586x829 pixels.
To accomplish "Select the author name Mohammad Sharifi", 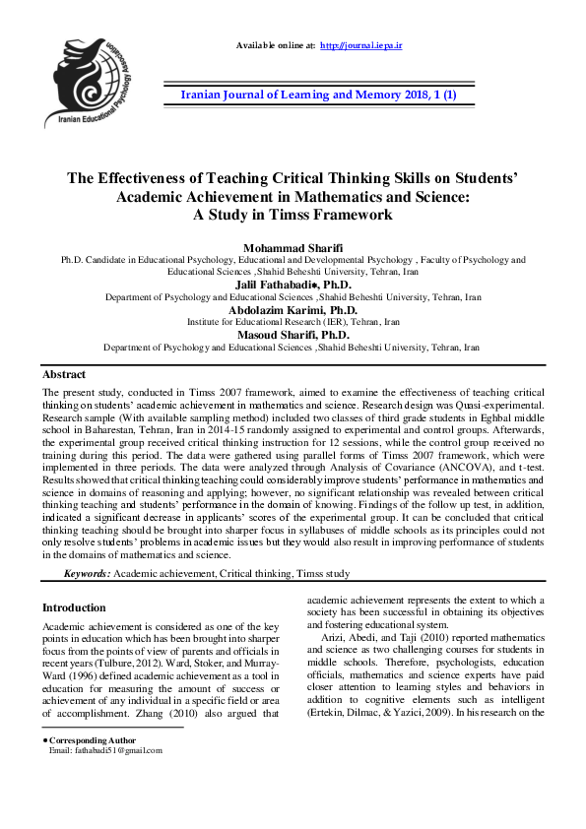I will point(292,247).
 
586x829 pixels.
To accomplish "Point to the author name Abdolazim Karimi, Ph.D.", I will point(293,309).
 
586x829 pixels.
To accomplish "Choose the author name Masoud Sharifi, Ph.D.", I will point(293,335).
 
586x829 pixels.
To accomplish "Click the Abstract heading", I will point(63,375).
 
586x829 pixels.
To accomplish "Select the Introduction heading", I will point(74,607).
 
